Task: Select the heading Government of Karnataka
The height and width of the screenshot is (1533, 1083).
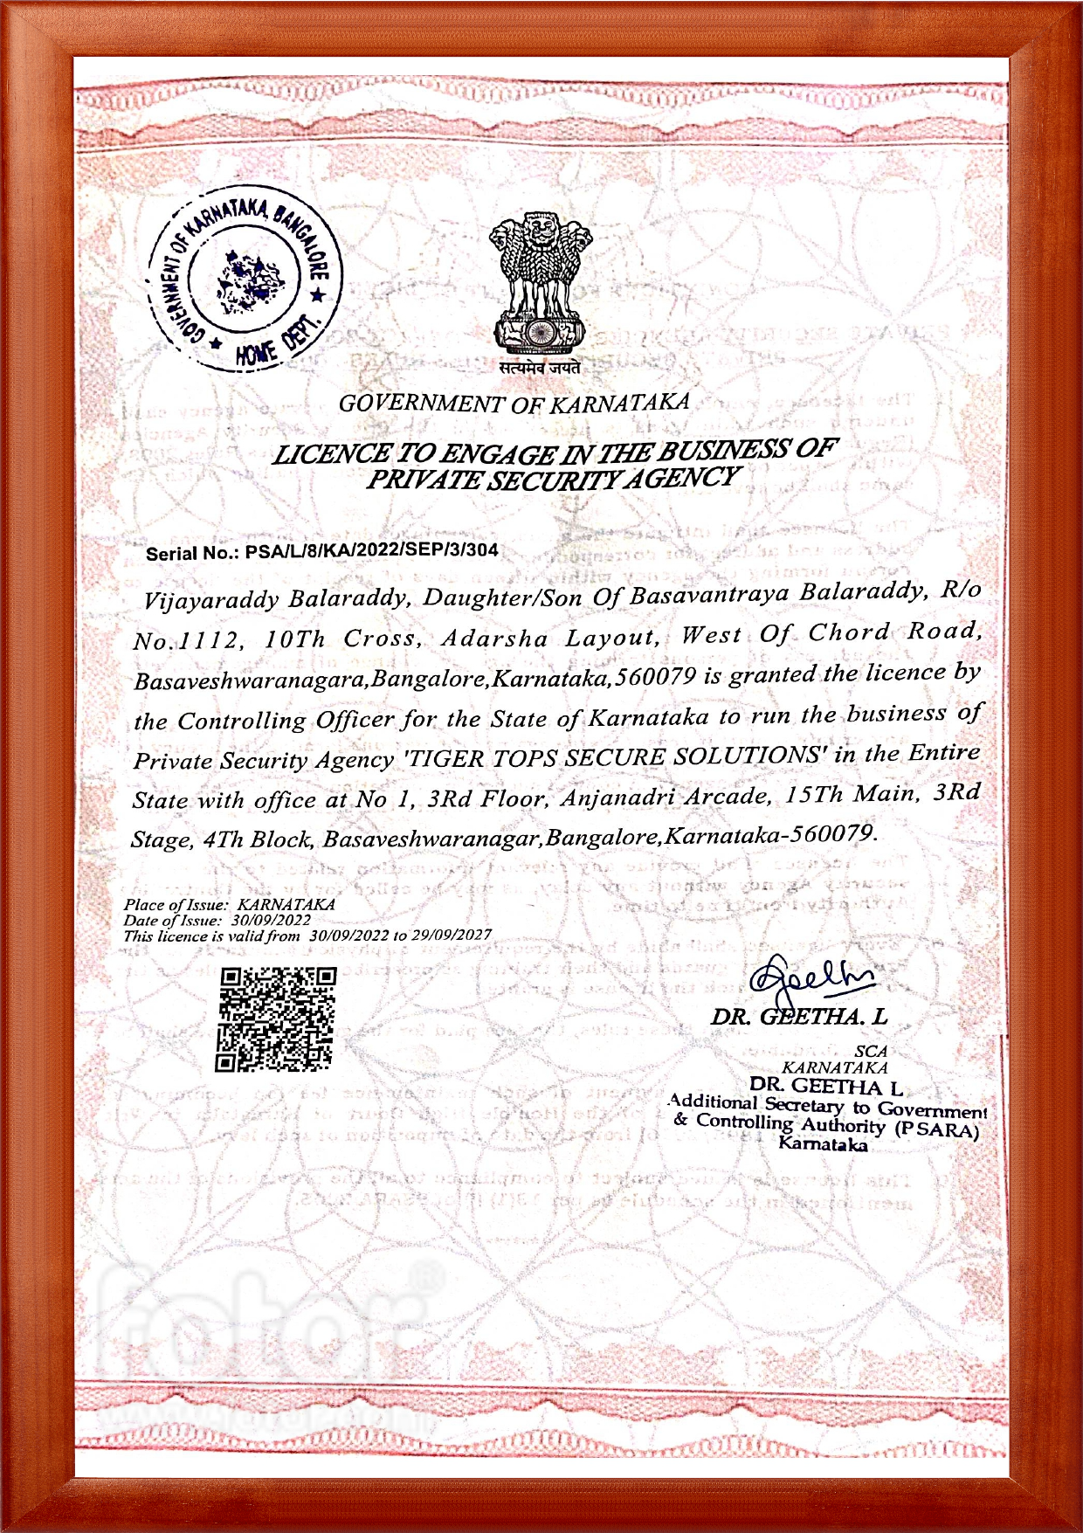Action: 514,403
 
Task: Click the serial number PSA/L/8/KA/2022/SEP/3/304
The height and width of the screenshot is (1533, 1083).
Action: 371,550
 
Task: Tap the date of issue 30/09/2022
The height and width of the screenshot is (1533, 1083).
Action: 271,920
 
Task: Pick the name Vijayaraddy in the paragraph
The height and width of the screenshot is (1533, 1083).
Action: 211,600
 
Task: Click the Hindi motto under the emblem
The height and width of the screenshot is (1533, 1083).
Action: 540,369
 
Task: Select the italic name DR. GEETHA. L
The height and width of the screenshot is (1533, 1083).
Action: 798,1017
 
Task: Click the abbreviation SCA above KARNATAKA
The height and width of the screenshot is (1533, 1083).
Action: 870,1052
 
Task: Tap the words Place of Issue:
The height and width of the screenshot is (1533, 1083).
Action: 176,905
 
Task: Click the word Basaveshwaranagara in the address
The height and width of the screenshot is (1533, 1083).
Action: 252,680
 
